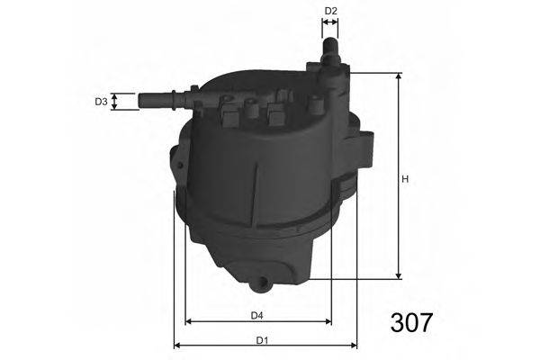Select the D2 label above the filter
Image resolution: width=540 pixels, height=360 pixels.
330,11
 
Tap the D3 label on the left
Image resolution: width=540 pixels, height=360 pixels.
102,102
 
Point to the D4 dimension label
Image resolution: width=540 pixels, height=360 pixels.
256,314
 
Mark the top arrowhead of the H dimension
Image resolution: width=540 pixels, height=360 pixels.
397,77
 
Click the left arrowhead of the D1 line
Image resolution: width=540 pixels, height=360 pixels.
177,345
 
